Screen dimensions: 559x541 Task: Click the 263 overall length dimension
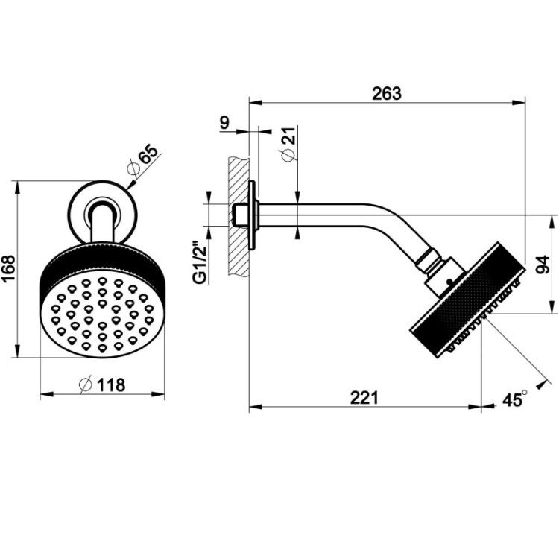387,94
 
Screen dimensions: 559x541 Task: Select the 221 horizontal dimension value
364,398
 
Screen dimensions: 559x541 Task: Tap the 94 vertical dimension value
543,265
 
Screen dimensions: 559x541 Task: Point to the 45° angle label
515,399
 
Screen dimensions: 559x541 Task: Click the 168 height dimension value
8,268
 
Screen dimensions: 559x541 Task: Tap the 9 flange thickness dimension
224,123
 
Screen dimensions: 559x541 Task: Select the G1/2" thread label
201,263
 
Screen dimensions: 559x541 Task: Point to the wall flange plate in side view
253,215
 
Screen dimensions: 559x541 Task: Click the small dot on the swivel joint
449,281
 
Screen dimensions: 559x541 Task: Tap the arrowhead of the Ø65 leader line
130,185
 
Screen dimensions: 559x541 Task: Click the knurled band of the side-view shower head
469,300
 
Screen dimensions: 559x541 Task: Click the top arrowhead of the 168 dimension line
16,188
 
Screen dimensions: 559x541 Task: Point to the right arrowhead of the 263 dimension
519,103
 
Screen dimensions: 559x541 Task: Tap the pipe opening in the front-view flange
103,211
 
